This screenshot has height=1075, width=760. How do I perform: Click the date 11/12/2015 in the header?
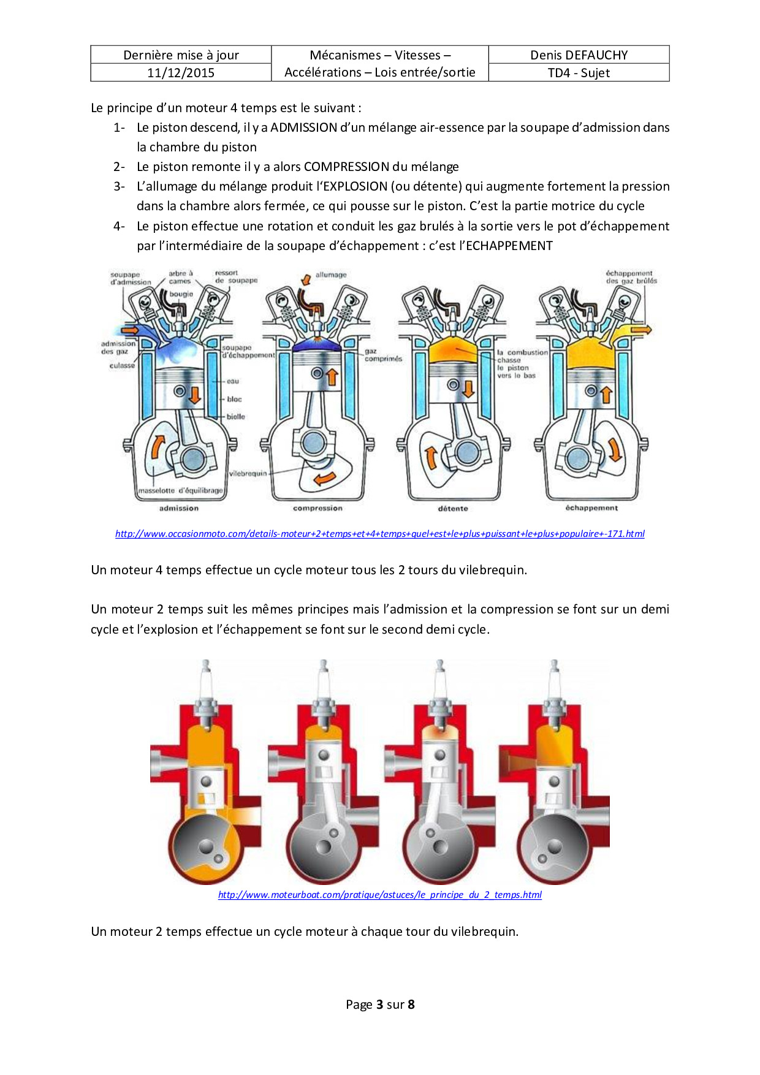pos(181,73)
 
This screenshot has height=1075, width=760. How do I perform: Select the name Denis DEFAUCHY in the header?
pos(579,55)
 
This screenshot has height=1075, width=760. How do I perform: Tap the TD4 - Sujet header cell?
pos(579,73)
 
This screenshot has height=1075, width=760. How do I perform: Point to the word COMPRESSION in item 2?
pos(346,167)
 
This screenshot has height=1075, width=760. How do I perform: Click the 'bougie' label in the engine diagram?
pos(181,294)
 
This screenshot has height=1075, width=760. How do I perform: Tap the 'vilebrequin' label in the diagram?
pos(248,474)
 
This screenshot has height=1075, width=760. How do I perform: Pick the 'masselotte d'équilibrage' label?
pos(180,490)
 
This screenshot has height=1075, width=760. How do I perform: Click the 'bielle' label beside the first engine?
pos(235,417)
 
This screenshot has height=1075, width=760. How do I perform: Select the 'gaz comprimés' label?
pos(383,355)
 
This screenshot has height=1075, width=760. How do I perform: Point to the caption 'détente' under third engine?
pos(453,509)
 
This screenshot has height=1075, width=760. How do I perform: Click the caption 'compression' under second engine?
pos(317,508)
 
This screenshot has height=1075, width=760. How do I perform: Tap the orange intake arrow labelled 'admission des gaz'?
pos(129,330)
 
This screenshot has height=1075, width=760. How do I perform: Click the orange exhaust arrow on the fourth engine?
pos(642,330)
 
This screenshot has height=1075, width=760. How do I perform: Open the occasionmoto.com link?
pos(380,534)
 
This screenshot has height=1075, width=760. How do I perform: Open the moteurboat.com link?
pos(380,895)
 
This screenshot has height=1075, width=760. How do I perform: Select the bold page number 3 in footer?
pos(379,1005)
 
